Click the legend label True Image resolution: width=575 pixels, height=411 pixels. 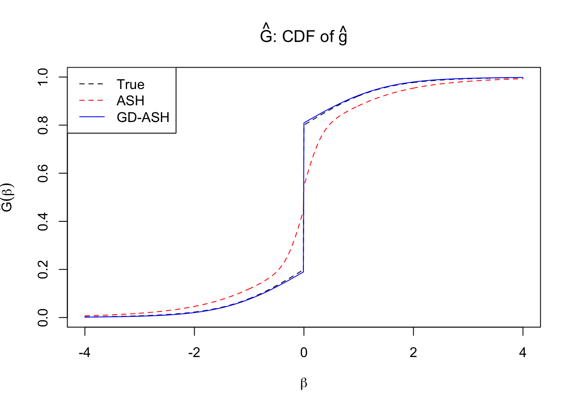coord(130,84)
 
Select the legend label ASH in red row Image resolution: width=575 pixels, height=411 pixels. coord(130,101)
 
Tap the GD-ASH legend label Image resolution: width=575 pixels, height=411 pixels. coord(143,117)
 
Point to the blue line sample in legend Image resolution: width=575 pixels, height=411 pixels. coord(92,117)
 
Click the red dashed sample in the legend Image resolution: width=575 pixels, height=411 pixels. coord(92,101)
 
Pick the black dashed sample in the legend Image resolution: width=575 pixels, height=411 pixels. coord(92,84)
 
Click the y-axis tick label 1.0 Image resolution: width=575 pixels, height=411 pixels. coord(43,77)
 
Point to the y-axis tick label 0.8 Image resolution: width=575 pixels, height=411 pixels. coord(43,125)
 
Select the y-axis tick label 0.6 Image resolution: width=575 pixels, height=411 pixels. coord(43,173)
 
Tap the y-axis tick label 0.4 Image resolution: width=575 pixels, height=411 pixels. coord(43,221)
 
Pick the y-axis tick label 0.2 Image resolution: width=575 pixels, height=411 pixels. coord(43,270)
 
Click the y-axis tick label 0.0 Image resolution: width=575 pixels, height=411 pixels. coord(43,318)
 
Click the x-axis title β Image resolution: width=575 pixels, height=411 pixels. coord(304,383)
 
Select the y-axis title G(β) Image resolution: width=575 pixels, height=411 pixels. coord(8,197)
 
